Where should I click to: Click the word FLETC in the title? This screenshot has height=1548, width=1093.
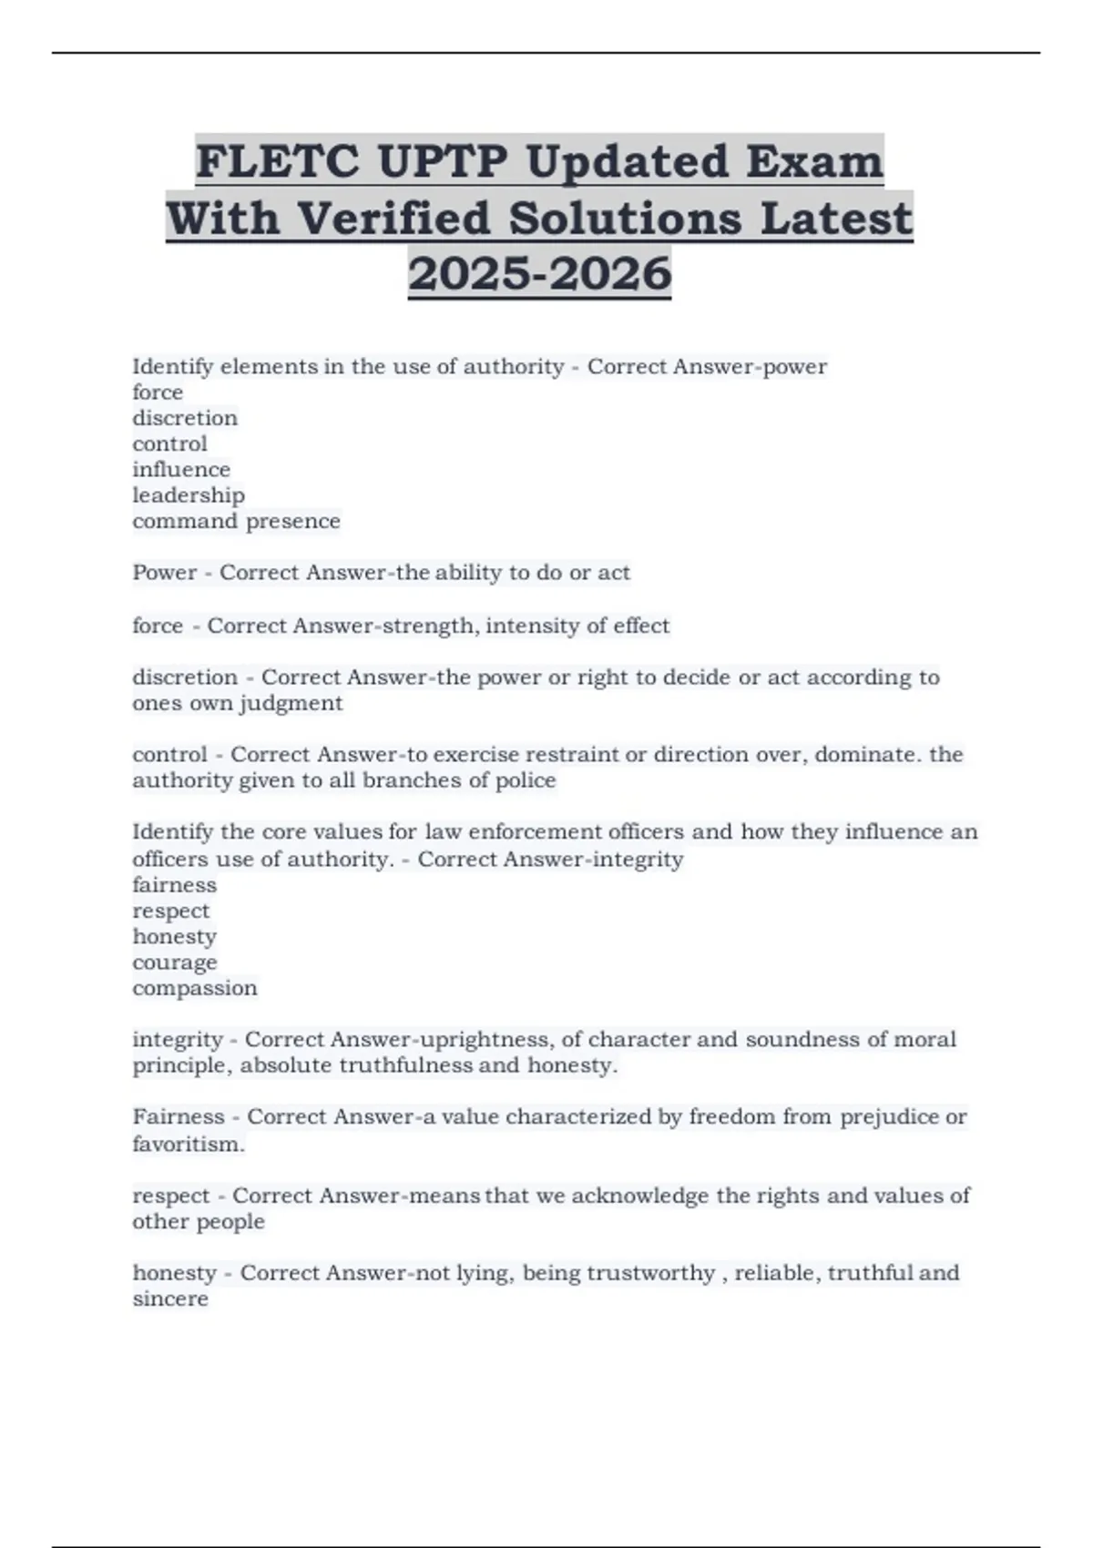click(x=277, y=162)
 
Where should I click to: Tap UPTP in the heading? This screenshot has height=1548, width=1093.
click(x=441, y=162)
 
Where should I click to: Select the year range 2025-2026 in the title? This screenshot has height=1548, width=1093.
click(x=539, y=273)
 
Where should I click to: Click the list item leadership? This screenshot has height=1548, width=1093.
click(x=189, y=495)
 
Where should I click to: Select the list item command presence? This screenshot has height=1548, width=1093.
click(x=236, y=521)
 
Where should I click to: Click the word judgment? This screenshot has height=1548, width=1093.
click(x=291, y=703)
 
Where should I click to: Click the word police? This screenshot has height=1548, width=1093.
click(x=525, y=780)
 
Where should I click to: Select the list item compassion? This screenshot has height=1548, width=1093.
click(x=195, y=988)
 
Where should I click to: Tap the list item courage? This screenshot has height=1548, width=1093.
click(x=175, y=962)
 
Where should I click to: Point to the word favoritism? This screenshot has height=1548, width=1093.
click(x=189, y=1144)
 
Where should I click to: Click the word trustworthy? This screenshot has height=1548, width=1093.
click(x=650, y=1273)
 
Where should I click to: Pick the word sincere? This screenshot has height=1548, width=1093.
click(x=170, y=1298)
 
